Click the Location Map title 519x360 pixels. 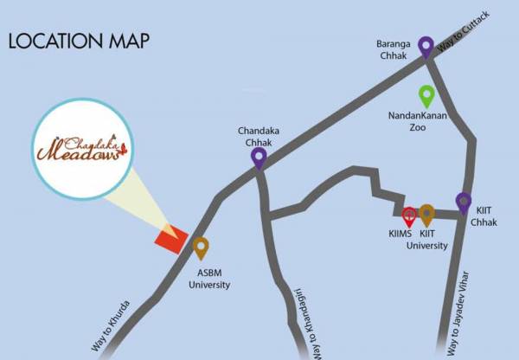click(x=79, y=41)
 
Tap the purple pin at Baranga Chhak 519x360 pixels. click(x=426, y=45)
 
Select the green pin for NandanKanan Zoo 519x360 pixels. click(x=426, y=94)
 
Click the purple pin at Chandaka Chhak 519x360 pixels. click(x=258, y=157)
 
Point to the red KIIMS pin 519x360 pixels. click(x=410, y=215)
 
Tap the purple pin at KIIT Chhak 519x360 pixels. click(x=464, y=202)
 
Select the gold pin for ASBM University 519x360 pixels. click(x=201, y=247)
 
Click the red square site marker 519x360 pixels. click(x=170, y=238)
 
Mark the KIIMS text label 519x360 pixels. click(x=402, y=234)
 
